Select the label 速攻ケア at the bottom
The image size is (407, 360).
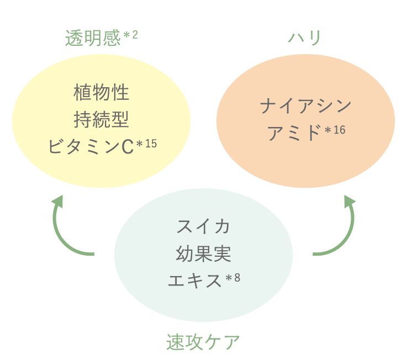[203, 342]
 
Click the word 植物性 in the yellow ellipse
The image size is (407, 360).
[102, 92]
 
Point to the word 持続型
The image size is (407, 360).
[102, 119]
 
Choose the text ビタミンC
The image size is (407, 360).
[91, 146]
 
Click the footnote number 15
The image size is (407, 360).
[151, 144]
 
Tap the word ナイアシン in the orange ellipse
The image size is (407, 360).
[305, 106]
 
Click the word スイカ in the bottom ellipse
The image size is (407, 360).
[203, 226]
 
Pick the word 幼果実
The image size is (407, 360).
[203, 253]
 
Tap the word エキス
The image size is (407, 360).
[195, 280]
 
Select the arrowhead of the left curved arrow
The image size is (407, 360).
[59, 201]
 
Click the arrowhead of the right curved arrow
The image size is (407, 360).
[350, 201]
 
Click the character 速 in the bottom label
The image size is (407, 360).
[175, 342]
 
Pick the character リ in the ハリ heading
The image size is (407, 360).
[314, 38]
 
